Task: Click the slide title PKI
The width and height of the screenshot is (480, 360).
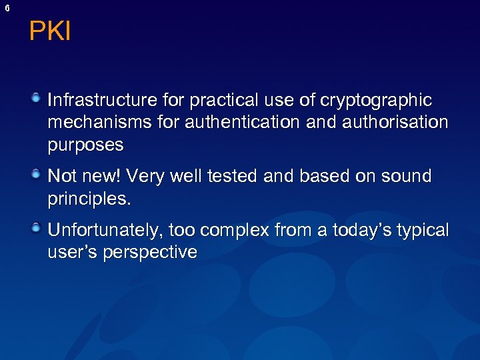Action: click(50, 31)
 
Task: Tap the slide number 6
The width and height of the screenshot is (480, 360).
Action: click(7, 8)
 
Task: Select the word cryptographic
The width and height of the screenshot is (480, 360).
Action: click(377, 101)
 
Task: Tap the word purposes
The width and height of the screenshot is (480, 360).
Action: click(86, 145)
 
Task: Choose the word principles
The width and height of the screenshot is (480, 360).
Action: click(87, 199)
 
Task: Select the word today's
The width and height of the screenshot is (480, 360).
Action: click(364, 231)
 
